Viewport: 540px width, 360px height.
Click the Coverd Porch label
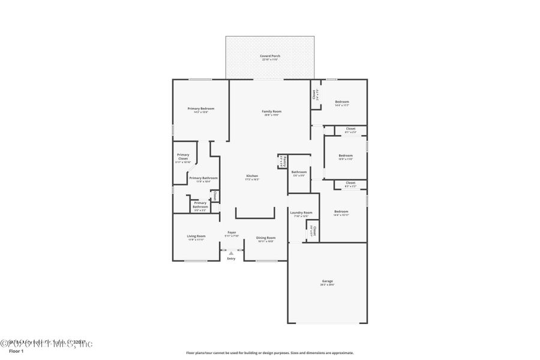[x=270, y=56]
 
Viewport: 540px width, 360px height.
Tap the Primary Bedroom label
[x=200, y=109]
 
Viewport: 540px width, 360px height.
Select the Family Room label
[x=272, y=111]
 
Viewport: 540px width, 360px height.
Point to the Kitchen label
[x=252, y=176]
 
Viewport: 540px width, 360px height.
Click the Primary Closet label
[x=183, y=156]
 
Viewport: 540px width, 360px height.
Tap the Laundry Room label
[x=301, y=212]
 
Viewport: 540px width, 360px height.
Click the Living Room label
[x=196, y=236]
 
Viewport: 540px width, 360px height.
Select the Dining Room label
[x=266, y=238]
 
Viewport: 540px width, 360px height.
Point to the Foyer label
[x=232, y=232]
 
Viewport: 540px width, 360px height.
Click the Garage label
[x=327, y=281]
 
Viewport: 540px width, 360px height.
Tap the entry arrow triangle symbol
[x=231, y=254]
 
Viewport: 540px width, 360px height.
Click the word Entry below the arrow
[x=231, y=259]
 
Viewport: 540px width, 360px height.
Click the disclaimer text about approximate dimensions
[x=270, y=353]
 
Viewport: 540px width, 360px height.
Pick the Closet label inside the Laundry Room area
[x=313, y=230]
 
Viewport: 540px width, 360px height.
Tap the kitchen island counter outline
[x=254, y=217]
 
